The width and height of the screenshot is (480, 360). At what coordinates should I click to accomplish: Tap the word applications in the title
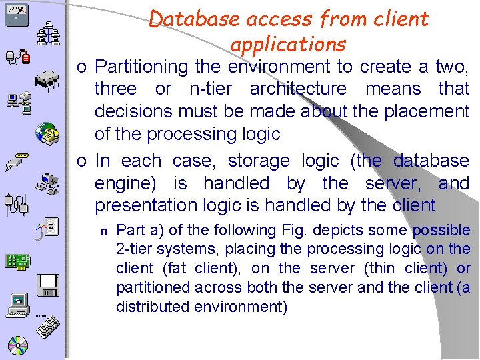coord(288,44)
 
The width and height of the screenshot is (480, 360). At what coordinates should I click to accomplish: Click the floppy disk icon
coord(49,285)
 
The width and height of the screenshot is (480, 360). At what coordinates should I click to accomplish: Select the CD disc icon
coord(18,345)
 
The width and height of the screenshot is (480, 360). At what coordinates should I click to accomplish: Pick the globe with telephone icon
coord(48,133)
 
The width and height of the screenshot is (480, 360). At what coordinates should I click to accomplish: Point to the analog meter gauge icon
coord(16,15)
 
